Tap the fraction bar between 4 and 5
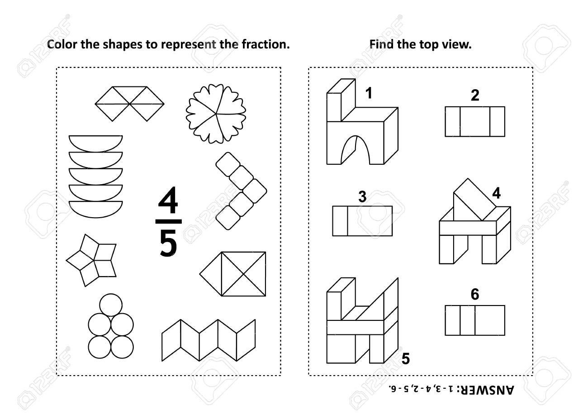(168, 221)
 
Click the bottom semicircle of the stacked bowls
(96, 209)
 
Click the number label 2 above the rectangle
(474, 96)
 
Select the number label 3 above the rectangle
(362, 196)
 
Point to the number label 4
(496, 193)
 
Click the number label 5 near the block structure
(406, 358)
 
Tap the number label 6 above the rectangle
(474, 295)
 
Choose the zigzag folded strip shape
(209, 339)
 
